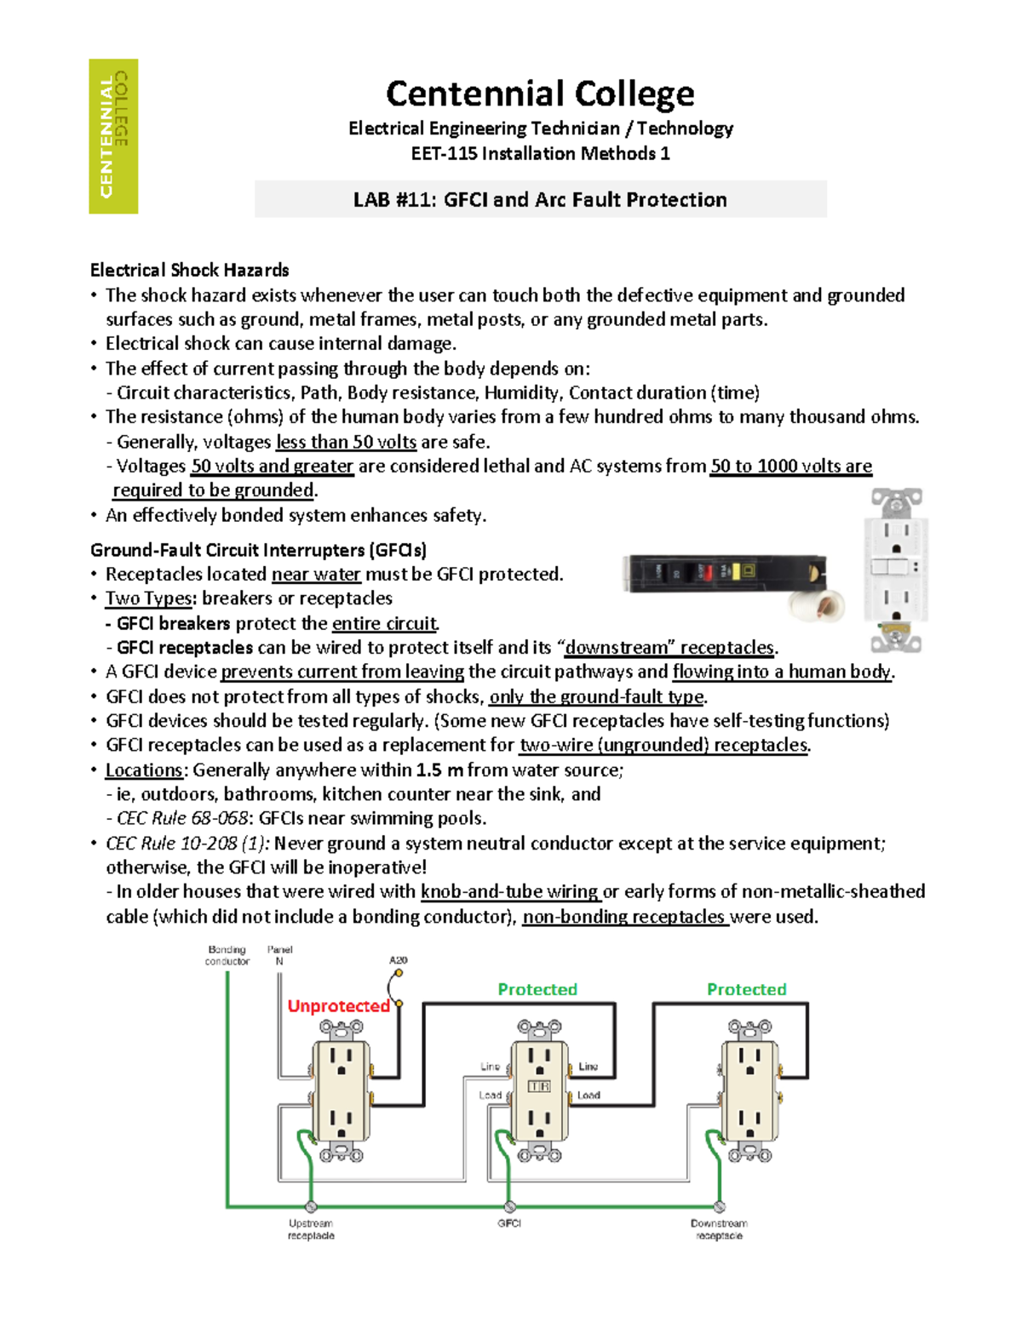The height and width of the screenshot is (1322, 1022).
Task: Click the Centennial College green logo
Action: click(x=113, y=136)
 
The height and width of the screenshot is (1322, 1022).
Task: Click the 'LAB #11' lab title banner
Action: click(x=540, y=199)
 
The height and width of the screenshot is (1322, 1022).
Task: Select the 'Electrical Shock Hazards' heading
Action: click(x=189, y=270)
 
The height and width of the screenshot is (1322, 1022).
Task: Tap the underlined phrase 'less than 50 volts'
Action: click(x=346, y=442)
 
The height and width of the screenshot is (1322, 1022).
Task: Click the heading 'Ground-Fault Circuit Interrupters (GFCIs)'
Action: click(x=258, y=550)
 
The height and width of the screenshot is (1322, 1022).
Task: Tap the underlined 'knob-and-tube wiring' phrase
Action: click(x=510, y=891)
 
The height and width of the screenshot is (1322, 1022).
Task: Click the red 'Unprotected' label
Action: click(x=338, y=1005)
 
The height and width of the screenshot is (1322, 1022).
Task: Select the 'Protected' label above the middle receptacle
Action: click(x=537, y=989)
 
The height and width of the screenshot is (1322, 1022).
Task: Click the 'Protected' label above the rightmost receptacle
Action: click(x=746, y=989)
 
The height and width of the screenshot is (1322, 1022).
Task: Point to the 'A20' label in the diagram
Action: click(x=398, y=960)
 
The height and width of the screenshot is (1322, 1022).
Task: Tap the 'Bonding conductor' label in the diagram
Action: click(x=227, y=955)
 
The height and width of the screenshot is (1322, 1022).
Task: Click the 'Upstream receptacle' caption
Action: click(x=311, y=1229)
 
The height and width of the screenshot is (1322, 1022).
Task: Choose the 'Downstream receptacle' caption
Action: click(x=719, y=1229)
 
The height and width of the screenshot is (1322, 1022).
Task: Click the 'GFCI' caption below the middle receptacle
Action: click(x=509, y=1223)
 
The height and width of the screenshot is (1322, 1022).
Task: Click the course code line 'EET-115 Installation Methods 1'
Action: click(x=540, y=153)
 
